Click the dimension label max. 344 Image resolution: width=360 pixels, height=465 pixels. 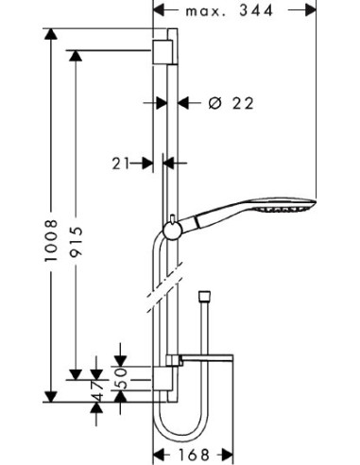tap(229, 11)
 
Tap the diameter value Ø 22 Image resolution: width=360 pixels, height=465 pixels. tap(231, 103)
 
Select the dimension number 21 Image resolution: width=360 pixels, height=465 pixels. tap(121, 164)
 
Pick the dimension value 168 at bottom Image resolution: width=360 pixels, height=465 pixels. tap(194, 455)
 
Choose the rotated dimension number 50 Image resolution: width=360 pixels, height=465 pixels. tap(120, 378)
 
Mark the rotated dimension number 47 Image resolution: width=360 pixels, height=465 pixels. tap(98, 390)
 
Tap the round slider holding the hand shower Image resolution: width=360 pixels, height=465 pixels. tap(172, 232)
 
